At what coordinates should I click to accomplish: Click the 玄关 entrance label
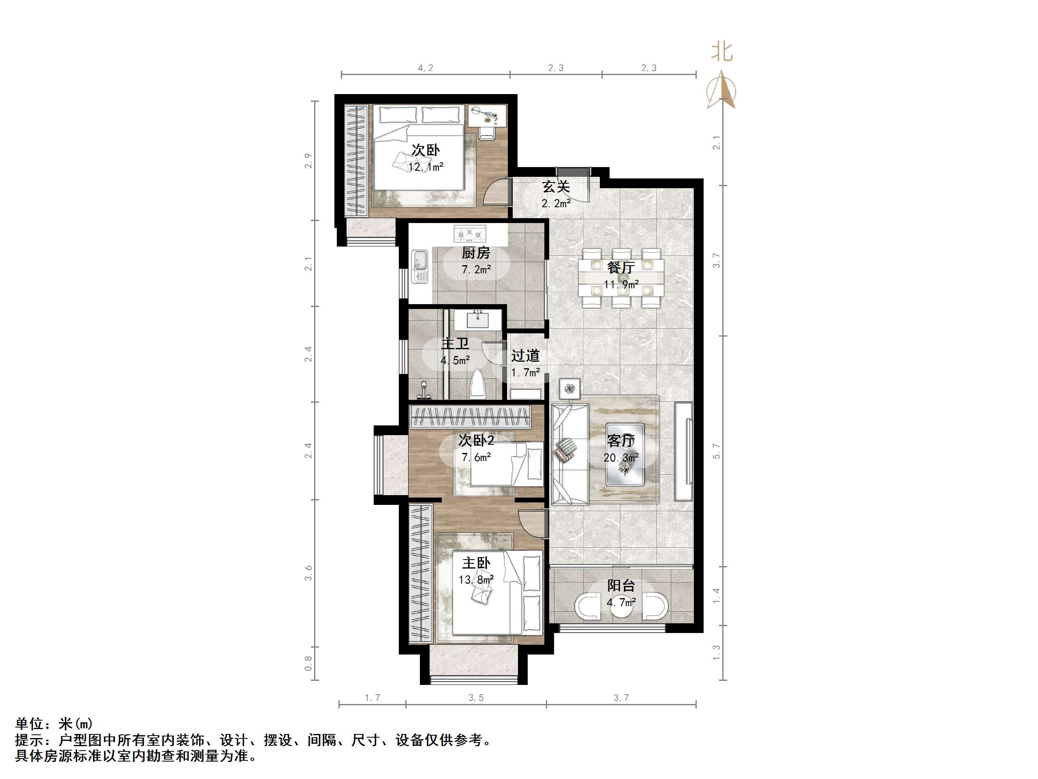(556, 187)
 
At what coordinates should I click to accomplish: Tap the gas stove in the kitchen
(470, 233)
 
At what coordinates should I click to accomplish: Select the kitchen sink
(92, 267)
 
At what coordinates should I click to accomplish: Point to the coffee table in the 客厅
(624, 454)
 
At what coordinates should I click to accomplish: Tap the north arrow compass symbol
(722, 90)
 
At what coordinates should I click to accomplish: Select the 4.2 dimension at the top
(426, 68)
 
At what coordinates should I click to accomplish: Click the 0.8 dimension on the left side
(308, 663)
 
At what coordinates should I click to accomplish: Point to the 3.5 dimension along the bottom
(476, 698)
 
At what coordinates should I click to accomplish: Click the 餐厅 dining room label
(621, 268)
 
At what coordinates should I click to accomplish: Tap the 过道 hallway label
(525, 356)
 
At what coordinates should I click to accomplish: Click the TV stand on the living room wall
(684, 451)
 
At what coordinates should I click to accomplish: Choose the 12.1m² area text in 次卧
(426, 167)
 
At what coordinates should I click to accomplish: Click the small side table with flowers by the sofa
(570, 389)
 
